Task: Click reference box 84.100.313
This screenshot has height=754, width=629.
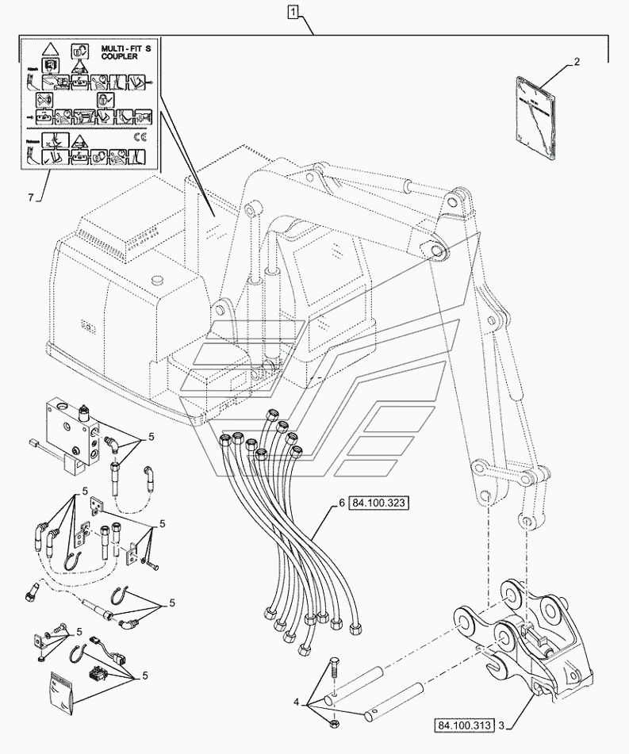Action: pyautogui.click(x=464, y=725)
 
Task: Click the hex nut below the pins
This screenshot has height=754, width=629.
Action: pyautogui.click(x=336, y=725)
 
